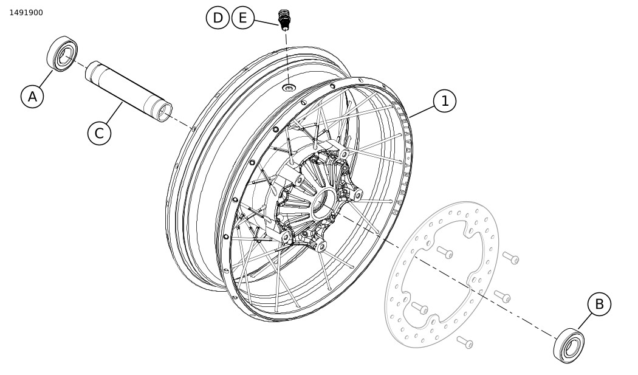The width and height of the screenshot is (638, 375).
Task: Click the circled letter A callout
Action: coord(32,97)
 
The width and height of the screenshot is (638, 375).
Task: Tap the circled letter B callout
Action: coord(599,304)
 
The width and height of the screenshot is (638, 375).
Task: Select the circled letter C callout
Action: coord(99,133)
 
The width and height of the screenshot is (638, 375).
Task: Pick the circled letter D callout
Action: coord(218,18)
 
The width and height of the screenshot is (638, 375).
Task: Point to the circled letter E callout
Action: coord(243,18)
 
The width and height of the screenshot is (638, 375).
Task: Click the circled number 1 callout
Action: coord(445,100)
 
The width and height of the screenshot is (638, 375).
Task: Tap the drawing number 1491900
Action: coord(26,13)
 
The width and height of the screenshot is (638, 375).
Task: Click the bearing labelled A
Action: coord(62,53)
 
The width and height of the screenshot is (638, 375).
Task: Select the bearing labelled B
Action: coord(569,345)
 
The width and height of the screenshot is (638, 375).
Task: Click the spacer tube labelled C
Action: coord(129,91)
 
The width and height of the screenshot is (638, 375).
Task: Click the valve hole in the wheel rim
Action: coord(289,88)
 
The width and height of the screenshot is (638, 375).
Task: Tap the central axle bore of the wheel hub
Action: coord(324,202)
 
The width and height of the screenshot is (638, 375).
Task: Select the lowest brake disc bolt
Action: coord(465,342)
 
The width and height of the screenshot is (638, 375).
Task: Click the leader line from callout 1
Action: coord(421,112)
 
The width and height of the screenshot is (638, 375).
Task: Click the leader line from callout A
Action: coord(46,78)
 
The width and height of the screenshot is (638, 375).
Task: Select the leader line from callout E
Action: coord(267,22)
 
